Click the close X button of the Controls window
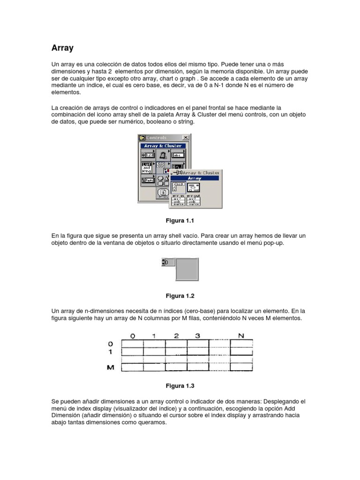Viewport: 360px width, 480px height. pyautogui.click(x=185, y=137)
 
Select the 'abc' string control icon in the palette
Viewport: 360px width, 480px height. pyautogui.click(x=178, y=155)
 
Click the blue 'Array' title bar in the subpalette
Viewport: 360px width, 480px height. pyautogui.click(x=195, y=179)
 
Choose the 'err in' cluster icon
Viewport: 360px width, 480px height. pyautogui.click(x=179, y=201)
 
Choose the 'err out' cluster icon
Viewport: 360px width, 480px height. pyautogui.click(x=194, y=201)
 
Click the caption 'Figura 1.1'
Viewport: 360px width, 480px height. pyautogui.click(x=180, y=220)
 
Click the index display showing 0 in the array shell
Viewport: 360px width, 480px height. pyautogui.click(x=168, y=262)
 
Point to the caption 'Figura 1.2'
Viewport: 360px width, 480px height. pyautogui.click(x=180, y=296)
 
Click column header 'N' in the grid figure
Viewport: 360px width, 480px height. pyautogui.click(x=241, y=336)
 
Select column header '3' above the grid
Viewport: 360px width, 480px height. pyautogui.click(x=198, y=336)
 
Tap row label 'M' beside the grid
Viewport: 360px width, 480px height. pyautogui.click(x=111, y=368)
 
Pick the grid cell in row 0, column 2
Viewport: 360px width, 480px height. pyautogui.click(x=176, y=344)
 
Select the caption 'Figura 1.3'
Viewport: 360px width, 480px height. pyautogui.click(x=180, y=386)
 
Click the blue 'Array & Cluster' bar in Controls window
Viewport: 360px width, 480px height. pyautogui.click(x=164, y=146)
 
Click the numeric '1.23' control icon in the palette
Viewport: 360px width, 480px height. pyautogui.click(x=149, y=155)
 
